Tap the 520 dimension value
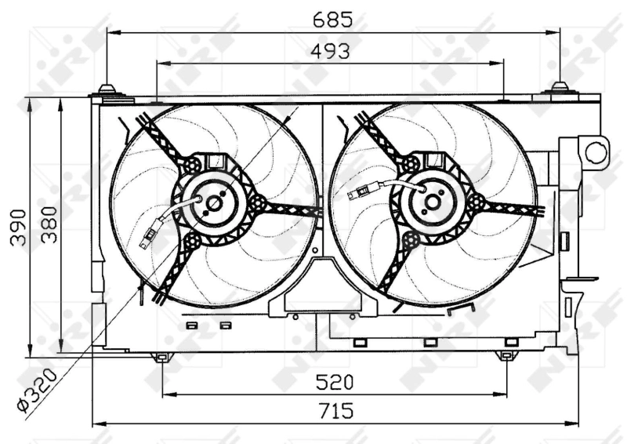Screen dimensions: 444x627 pyautogui.click(x=335, y=382)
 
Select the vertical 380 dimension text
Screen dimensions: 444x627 pyautogui.click(x=49, y=227)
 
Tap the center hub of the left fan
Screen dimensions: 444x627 pyautogui.click(x=214, y=204)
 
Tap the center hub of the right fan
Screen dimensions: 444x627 pyautogui.click(x=432, y=202)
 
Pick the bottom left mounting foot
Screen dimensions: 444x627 pyautogui.click(x=161, y=358)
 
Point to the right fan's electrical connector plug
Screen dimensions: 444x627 pyautogui.click(x=370, y=189)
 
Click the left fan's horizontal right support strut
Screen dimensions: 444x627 pyautogui.click(x=290, y=209)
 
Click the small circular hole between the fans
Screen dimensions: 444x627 pyautogui.click(x=315, y=251)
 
